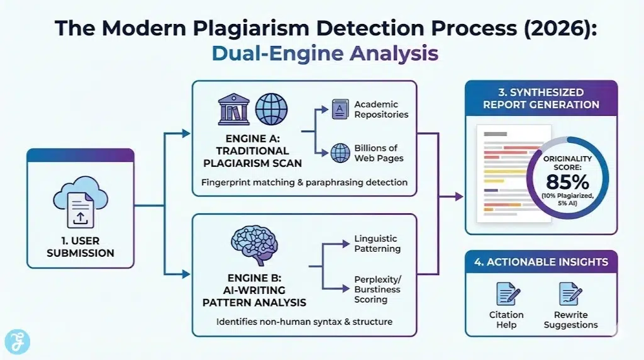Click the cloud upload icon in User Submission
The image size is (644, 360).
tap(79, 201)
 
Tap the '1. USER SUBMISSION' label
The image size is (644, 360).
tap(80, 247)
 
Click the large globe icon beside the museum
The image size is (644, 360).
tap(271, 110)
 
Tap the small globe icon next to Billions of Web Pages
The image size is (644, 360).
tap(340, 152)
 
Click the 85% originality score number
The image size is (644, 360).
tap(567, 182)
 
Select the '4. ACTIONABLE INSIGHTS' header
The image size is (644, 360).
tap(541, 262)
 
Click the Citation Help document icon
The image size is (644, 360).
tap(506, 294)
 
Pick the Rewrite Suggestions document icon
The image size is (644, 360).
tap(570, 294)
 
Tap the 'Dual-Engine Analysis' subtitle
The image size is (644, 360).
tap(325, 53)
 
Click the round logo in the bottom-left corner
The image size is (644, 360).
tap(16, 342)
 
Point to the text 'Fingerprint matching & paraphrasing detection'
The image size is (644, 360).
tap(304, 182)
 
